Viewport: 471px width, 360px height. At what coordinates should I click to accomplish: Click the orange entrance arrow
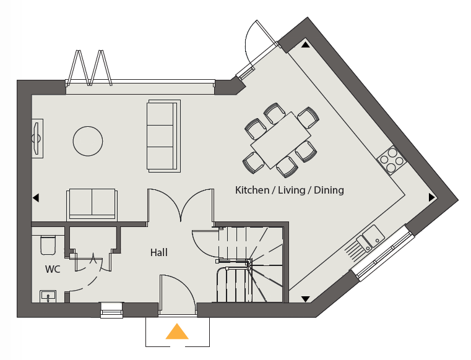coord(177,332)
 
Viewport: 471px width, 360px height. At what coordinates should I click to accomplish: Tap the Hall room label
coord(159,252)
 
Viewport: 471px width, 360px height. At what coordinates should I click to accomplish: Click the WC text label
coord(53,269)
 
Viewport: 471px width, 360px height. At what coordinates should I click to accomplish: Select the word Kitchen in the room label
coord(252,190)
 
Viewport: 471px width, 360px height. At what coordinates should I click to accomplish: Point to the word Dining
coord(329,190)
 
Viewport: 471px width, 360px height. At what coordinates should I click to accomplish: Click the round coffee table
coord(88,141)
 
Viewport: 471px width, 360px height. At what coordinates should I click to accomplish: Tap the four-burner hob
coord(392,160)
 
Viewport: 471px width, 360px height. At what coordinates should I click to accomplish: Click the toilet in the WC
coord(48,245)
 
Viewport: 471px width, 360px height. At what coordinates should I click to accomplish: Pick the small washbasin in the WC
coord(48,296)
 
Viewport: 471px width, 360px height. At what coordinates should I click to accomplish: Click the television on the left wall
coord(37,139)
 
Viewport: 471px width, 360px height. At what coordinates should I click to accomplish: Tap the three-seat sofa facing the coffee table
coord(163,136)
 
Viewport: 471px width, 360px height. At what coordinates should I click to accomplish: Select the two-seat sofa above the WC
coord(92,205)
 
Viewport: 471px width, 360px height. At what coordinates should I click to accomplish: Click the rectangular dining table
coord(280,140)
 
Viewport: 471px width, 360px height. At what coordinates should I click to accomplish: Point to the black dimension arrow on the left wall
coord(36,198)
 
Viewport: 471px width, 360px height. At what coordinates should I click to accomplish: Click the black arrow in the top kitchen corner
coord(306,45)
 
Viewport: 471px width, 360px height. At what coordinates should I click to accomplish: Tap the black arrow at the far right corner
coord(431,197)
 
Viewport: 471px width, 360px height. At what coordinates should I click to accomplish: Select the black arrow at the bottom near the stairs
coord(306,299)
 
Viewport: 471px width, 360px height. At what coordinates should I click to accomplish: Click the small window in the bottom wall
coord(111,310)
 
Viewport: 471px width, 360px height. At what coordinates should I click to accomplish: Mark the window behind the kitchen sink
coord(384,252)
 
